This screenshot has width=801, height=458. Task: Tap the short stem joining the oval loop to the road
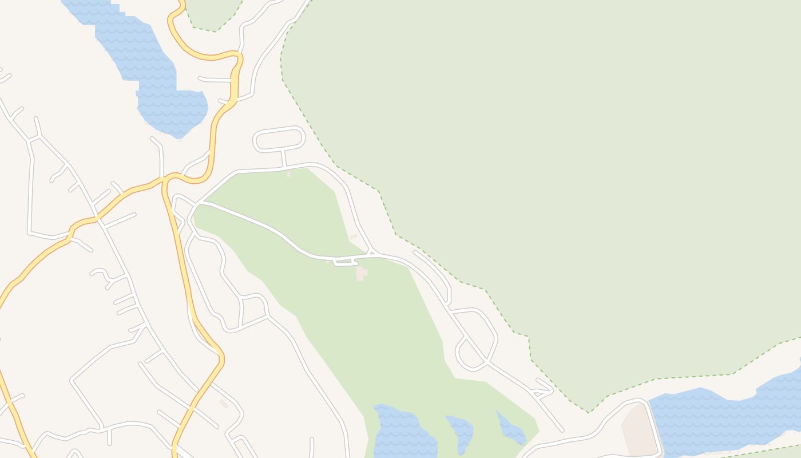point(284,158)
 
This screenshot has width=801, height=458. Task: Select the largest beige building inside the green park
point(360,273)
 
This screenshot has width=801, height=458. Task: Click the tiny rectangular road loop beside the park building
point(345,262)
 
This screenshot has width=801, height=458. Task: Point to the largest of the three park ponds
point(403,432)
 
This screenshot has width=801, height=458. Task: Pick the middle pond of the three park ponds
point(461,432)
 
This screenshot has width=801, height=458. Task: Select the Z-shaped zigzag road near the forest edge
point(542,389)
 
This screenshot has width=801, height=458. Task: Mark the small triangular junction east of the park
point(372,252)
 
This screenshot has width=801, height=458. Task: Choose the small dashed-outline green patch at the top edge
point(212,14)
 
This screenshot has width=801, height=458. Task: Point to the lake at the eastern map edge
point(727,412)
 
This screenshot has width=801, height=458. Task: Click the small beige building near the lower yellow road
point(224,404)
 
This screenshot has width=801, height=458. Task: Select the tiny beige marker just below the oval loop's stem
point(288,173)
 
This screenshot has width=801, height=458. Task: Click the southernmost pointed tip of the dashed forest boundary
point(589,412)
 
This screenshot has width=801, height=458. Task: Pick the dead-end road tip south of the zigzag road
point(562,430)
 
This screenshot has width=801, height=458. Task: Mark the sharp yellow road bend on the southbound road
point(221,358)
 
